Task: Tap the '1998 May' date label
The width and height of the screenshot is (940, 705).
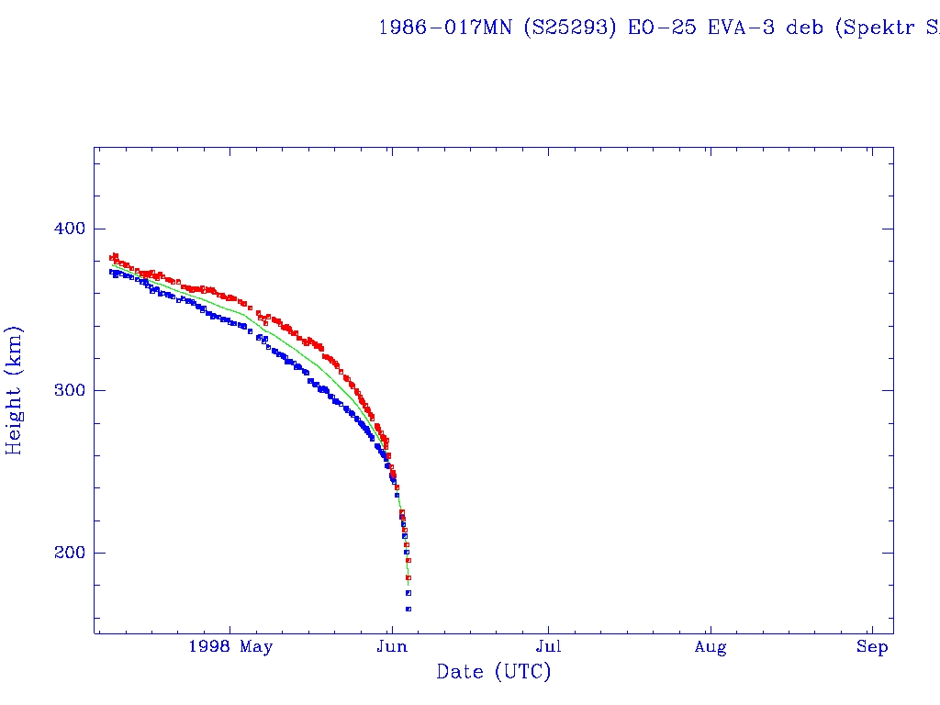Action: coord(230,647)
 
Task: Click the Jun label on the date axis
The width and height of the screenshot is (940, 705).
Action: coord(392,647)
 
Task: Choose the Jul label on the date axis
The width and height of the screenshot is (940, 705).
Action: coord(549,647)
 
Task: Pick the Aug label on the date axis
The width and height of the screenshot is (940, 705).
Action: coord(711,647)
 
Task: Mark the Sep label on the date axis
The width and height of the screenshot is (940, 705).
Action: coord(873,647)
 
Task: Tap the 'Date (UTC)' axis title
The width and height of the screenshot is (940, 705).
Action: coord(494,672)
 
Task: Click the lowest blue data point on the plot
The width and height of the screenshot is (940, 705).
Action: coord(408,609)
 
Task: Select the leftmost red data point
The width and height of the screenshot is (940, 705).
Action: coord(111,258)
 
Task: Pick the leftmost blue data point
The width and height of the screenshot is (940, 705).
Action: coord(111,272)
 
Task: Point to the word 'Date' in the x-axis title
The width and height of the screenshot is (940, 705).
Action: coord(460,672)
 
